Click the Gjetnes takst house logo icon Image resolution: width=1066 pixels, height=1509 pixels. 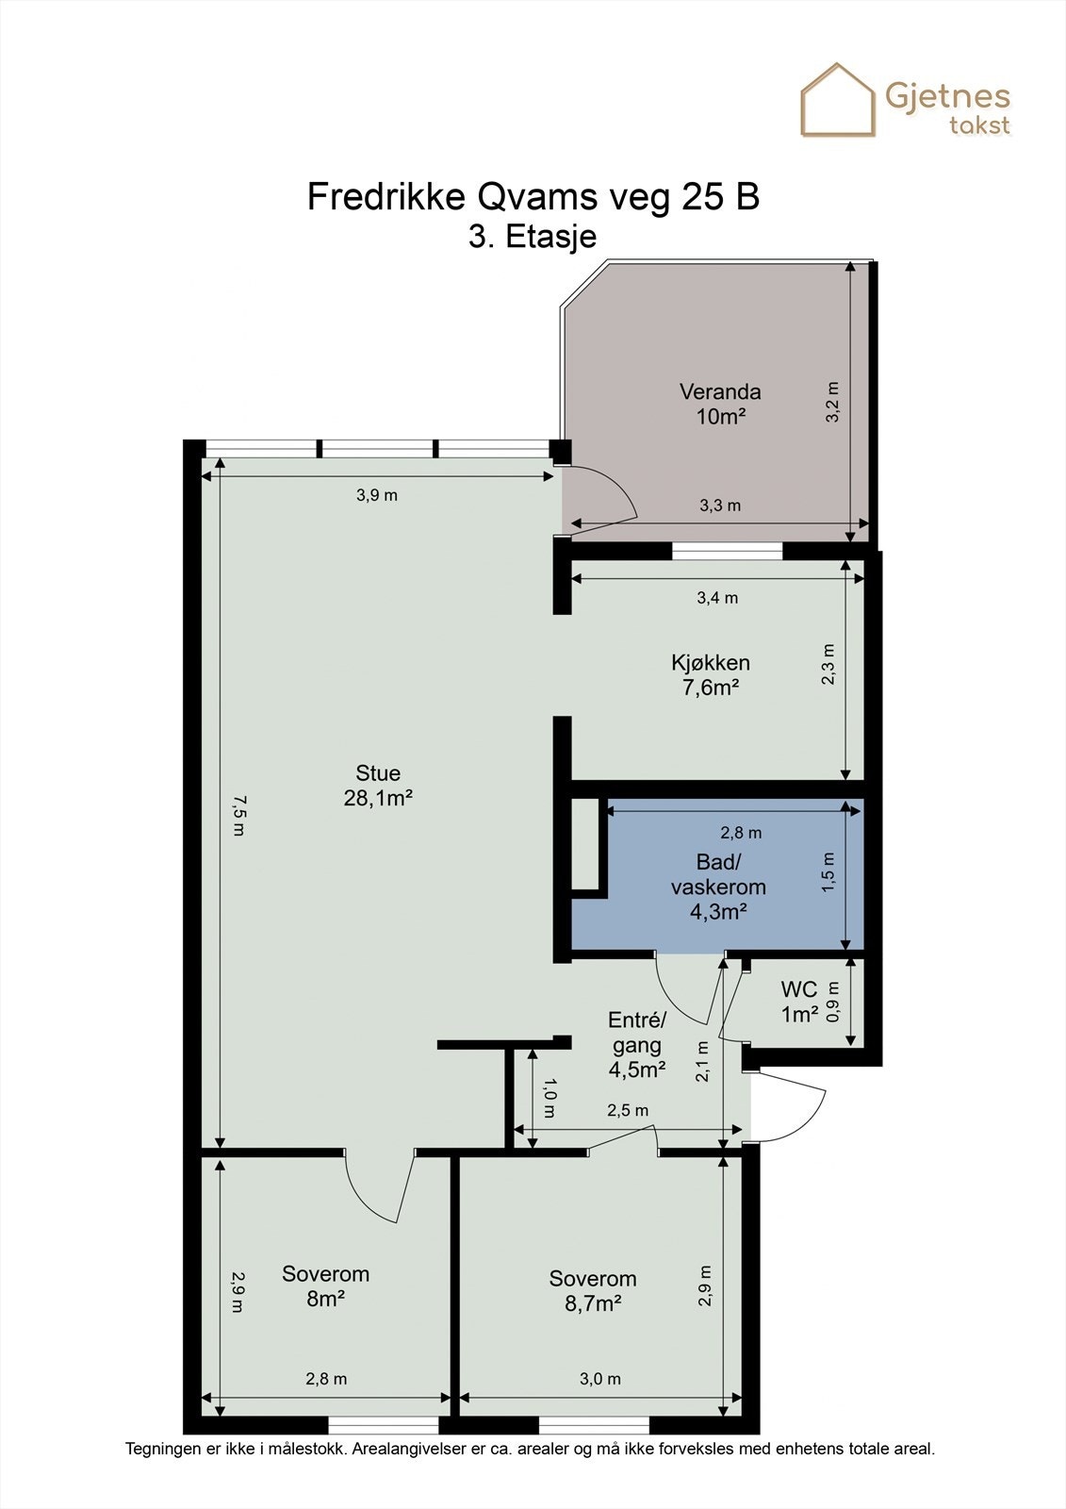(x=838, y=100)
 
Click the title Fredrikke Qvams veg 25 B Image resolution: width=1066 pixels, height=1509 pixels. (x=533, y=197)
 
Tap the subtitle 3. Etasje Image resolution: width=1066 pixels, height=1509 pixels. (x=533, y=237)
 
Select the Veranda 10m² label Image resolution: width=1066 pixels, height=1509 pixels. (x=720, y=404)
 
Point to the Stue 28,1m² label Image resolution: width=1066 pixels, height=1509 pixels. (x=378, y=786)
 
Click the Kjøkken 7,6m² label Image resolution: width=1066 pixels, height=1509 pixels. (x=711, y=675)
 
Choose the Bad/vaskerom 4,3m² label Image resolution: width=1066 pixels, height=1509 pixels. (x=718, y=887)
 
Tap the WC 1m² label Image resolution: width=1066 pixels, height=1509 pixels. (x=799, y=1002)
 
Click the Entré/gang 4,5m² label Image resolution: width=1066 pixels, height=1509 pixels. (x=637, y=1045)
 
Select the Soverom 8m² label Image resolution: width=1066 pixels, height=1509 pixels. (x=326, y=1286)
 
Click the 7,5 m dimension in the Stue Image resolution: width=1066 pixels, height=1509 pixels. (x=239, y=816)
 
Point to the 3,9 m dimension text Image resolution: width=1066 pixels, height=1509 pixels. (x=377, y=495)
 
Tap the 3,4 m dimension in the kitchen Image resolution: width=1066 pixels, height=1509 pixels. (x=717, y=598)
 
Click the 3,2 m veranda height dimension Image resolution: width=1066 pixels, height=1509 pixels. (x=833, y=402)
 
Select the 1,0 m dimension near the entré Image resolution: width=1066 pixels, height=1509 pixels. (x=549, y=1099)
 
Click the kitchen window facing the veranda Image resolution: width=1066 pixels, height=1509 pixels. (x=728, y=551)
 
